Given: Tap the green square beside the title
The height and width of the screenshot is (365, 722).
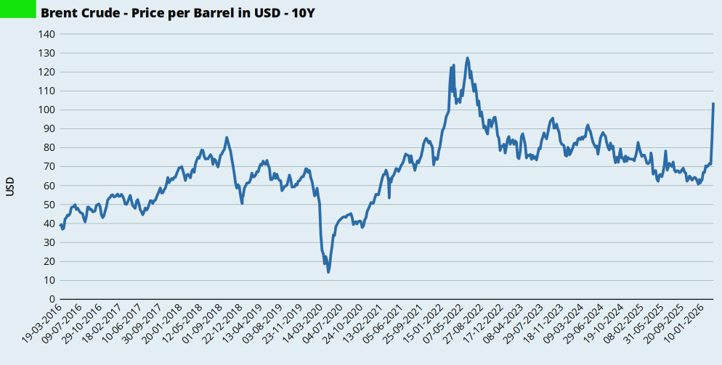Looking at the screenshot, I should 18,9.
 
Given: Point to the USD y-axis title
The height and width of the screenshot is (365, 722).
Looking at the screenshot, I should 10,186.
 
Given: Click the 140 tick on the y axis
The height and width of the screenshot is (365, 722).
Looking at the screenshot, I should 46,34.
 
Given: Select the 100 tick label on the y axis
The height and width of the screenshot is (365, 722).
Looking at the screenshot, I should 46,110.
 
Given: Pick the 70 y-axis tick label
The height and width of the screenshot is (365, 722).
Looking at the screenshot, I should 49,167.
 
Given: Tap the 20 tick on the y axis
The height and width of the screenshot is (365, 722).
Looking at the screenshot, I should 49,261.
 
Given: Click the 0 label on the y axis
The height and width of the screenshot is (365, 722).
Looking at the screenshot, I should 52,299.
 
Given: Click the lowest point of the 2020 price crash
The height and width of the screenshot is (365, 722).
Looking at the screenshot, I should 328,272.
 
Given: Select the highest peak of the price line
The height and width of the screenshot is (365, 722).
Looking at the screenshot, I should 467,58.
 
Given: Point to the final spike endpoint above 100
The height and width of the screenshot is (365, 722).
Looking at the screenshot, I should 713,103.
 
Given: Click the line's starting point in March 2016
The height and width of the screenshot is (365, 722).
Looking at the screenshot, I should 60,225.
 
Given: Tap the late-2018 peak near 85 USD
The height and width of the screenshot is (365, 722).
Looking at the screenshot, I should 227,137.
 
